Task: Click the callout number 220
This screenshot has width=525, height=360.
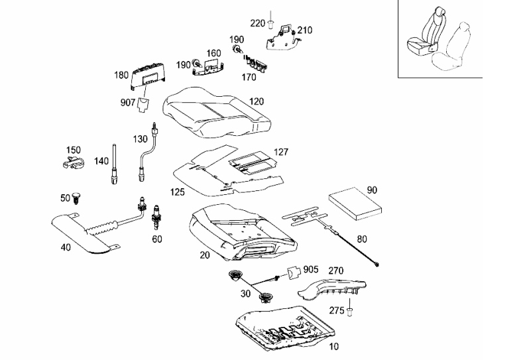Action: [x=257, y=23]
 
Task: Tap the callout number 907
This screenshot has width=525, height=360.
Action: [x=127, y=103]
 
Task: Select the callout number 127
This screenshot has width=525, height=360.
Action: [x=281, y=152]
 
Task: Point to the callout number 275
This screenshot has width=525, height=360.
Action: [x=337, y=311]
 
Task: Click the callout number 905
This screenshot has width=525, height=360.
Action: [x=311, y=270]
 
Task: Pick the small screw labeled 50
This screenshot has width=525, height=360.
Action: [x=77, y=198]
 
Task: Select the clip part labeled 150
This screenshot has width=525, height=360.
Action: [x=74, y=162]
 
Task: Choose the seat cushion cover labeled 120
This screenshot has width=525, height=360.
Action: [x=216, y=113]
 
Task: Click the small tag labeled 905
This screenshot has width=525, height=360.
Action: [x=294, y=272]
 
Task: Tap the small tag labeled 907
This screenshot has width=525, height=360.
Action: [x=143, y=105]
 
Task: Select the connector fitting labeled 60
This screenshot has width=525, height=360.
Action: [x=156, y=217]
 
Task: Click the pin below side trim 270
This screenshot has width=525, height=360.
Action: [x=349, y=312]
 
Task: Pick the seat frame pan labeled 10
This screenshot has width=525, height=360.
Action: [x=285, y=331]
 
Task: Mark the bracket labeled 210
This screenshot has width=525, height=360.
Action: [x=283, y=38]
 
